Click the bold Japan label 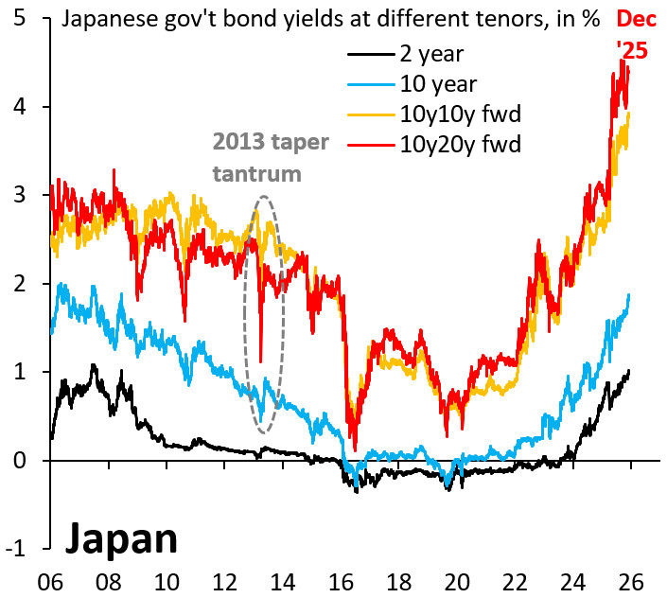click(x=121, y=538)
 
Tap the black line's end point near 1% click(x=629, y=372)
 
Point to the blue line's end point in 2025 click(x=629, y=295)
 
